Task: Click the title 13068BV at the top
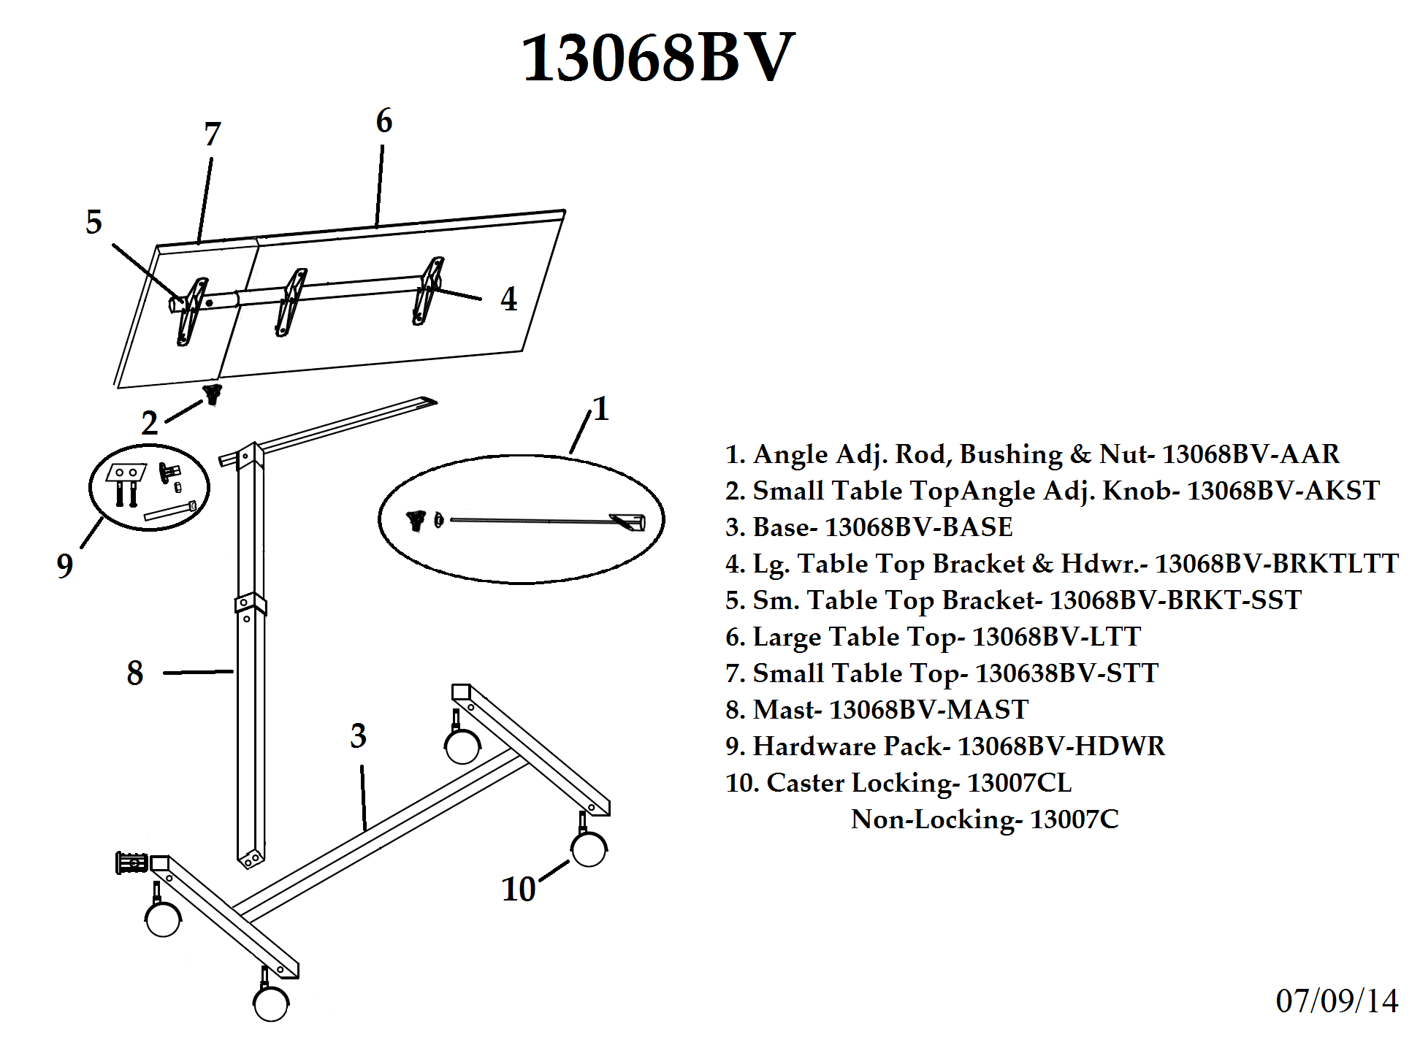pos(657,58)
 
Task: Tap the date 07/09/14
pos(1337,1001)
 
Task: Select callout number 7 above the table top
pos(213,134)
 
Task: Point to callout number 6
pos(384,121)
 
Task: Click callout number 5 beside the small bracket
pos(93,222)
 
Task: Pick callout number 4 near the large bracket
pos(509,299)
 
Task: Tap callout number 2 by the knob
pos(150,423)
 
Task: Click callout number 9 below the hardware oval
pos(65,565)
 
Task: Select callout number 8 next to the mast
pos(135,673)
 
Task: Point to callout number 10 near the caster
pos(519,890)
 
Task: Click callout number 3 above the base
pos(358,735)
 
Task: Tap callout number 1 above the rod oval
pos(601,409)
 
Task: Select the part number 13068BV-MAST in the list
pos(928,710)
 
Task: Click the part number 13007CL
pos(1019,783)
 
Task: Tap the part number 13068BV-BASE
pos(918,527)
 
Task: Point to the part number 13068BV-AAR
pos(1251,454)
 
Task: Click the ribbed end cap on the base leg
pos(132,863)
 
